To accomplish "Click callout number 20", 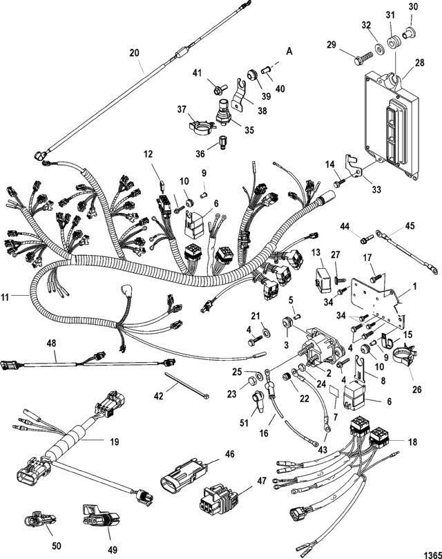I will [x=134, y=53].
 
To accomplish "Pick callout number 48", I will [x=51, y=343].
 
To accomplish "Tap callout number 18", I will [x=413, y=442].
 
